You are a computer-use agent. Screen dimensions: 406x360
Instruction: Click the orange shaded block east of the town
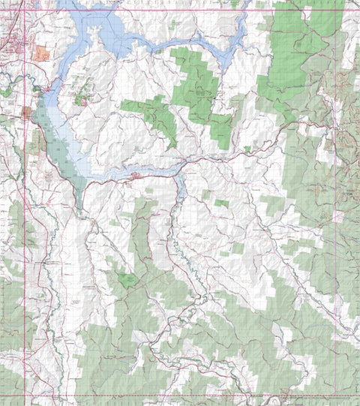point(41,53)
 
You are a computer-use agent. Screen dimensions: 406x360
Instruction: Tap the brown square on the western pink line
point(27,112)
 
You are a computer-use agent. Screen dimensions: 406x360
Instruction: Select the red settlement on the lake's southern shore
point(136,176)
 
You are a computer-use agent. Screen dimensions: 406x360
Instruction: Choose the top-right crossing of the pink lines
point(349,10)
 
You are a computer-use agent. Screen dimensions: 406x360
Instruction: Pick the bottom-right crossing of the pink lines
point(349,395)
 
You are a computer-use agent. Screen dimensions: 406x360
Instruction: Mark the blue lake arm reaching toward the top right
point(225,45)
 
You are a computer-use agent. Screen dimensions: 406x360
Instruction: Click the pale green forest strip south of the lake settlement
point(142,233)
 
